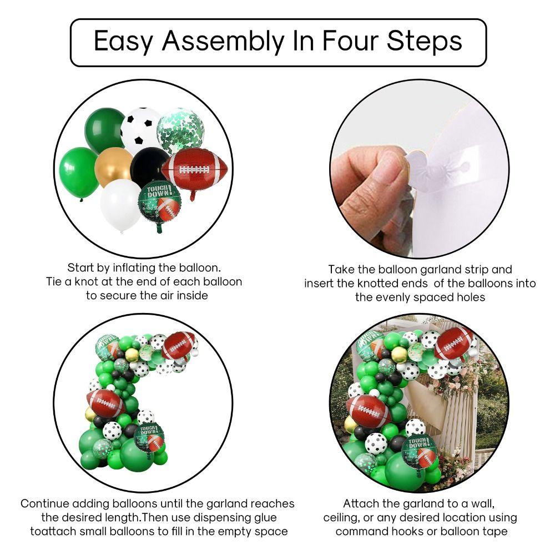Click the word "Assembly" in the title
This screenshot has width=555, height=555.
(223, 42)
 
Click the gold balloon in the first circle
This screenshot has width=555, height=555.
(114, 167)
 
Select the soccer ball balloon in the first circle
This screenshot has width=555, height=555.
(141, 130)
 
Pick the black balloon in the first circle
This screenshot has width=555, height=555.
(150, 167)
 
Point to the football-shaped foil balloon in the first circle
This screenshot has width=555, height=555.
(194, 170)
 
